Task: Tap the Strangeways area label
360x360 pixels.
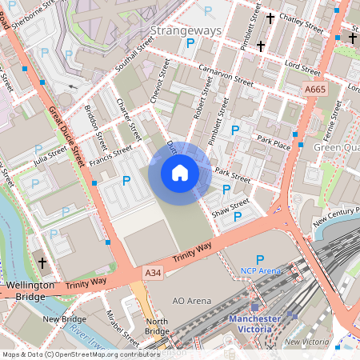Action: (x=186, y=30)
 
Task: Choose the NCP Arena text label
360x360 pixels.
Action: (x=261, y=271)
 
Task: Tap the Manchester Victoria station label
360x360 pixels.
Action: (x=255, y=322)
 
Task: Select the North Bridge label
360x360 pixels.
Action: (x=157, y=327)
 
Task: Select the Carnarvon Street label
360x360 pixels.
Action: (x=226, y=76)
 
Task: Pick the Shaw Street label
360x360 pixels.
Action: (x=230, y=209)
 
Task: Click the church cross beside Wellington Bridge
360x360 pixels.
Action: (x=42, y=262)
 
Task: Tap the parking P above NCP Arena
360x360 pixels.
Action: (x=259, y=258)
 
